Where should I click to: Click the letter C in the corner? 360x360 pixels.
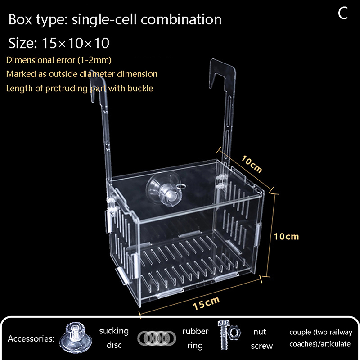tap(343, 14)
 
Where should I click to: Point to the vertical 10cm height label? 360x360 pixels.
tap(286, 236)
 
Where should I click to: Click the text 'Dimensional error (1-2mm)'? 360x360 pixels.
tap(59, 60)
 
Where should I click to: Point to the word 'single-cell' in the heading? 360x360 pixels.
tap(107, 20)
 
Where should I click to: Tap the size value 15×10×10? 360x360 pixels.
tap(76, 44)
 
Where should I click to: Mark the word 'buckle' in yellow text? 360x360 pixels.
tap(141, 88)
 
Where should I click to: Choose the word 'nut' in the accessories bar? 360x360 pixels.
tap(260, 332)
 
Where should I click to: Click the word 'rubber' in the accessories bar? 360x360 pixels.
tap(195, 331)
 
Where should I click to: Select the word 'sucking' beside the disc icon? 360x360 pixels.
tap(114, 331)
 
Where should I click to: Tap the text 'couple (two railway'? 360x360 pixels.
tap(321, 332)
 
